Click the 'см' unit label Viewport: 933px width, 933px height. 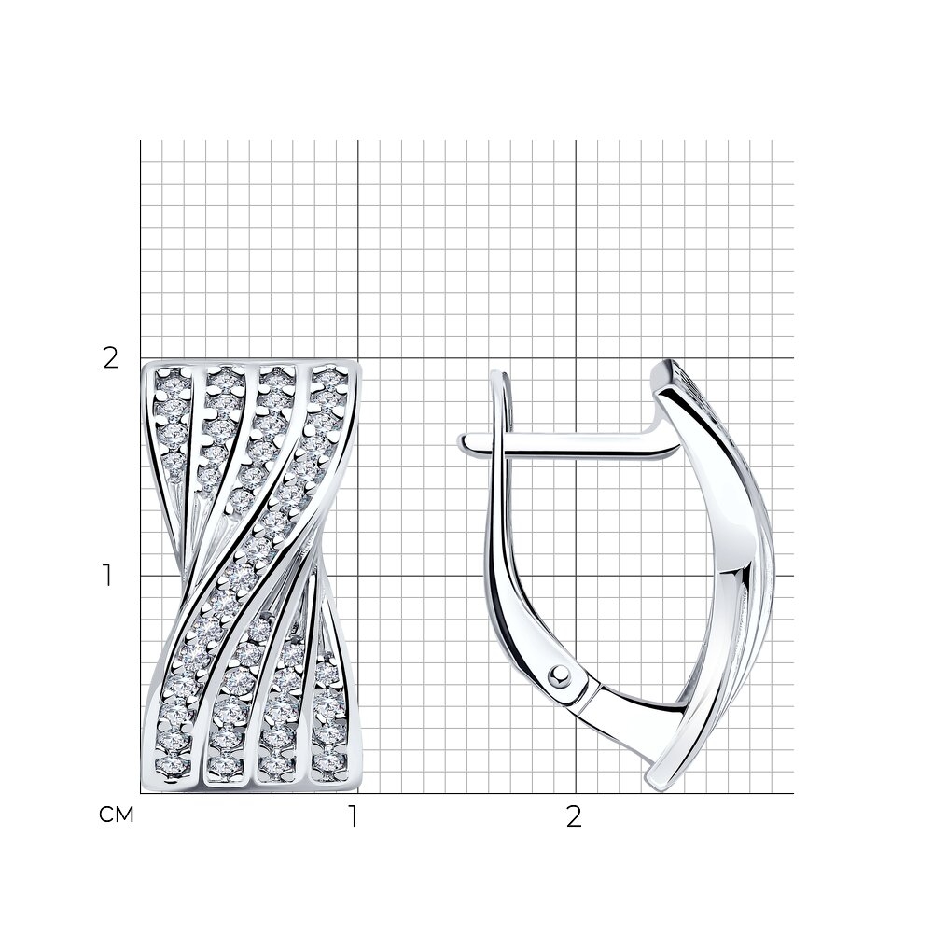[116, 815]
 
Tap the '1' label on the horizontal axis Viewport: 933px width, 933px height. [354, 817]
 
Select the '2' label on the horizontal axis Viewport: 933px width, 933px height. [573, 817]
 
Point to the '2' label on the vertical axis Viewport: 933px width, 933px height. [111, 358]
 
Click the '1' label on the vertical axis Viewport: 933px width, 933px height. [107, 576]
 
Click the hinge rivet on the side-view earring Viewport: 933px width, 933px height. [559, 675]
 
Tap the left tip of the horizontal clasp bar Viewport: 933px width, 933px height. [460, 442]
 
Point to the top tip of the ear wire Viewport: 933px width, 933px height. [498, 373]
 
